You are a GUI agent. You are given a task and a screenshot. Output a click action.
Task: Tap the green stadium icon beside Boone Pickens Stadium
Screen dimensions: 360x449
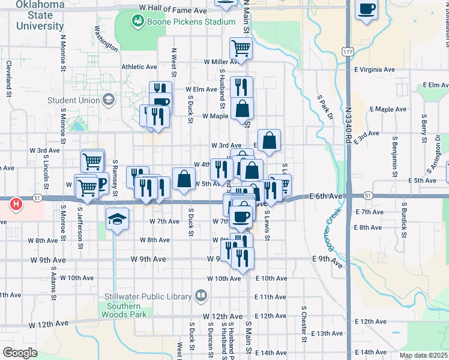point(138,22)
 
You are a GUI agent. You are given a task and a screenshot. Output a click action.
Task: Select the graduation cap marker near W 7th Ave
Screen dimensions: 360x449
point(117,220)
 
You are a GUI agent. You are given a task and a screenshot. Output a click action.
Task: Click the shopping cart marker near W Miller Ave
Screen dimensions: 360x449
point(241,48)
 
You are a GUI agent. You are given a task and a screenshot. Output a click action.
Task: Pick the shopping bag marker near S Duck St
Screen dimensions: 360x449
point(184,178)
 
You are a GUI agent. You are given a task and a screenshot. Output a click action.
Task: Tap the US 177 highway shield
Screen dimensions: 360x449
point(348,52)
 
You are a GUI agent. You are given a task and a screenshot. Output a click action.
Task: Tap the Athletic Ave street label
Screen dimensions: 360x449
point(139,67)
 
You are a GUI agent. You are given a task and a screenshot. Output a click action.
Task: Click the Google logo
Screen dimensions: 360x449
point(20,353)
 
